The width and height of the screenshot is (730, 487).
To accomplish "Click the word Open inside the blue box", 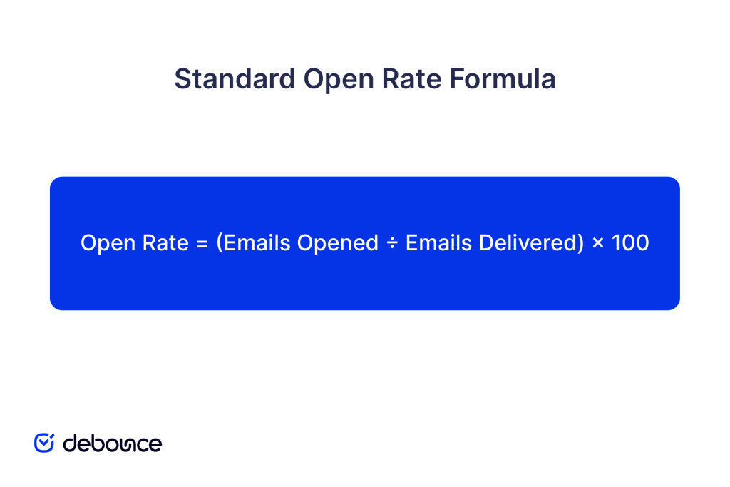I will coord(106,243).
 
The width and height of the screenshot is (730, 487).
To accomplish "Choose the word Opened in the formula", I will coord(338,243).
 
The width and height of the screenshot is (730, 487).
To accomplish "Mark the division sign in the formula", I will coord(392,244).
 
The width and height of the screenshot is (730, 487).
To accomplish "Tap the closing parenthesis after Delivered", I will coord(580,243).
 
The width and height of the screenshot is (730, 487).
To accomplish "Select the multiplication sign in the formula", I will coord(598,244).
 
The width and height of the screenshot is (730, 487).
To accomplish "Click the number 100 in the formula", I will coord(630,243).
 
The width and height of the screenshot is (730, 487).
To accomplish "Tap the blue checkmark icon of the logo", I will coord(44,443).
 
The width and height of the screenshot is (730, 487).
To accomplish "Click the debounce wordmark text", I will coord(112,444).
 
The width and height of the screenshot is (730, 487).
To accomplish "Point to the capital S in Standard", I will coord(182,79).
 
